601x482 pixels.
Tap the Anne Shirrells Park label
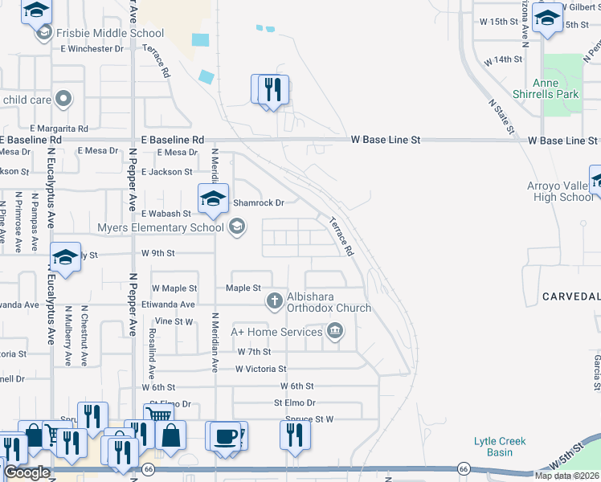555,88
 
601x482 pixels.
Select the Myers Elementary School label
160,227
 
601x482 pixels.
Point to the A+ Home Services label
276,331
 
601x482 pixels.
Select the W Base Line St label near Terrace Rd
386,140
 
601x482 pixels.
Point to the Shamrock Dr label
258,203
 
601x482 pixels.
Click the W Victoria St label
260,369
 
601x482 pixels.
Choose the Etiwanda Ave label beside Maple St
168,305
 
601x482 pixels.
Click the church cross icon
273,301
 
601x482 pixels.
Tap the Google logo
27,472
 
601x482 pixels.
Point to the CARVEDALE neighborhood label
570,296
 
